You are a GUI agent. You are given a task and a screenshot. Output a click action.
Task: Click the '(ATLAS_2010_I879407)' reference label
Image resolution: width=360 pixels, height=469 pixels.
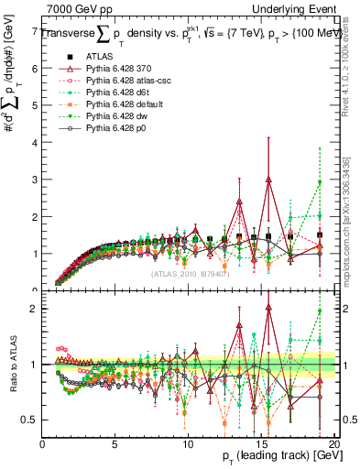(190, 273)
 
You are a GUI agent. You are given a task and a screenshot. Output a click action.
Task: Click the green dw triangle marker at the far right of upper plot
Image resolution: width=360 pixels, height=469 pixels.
(320, 183)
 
